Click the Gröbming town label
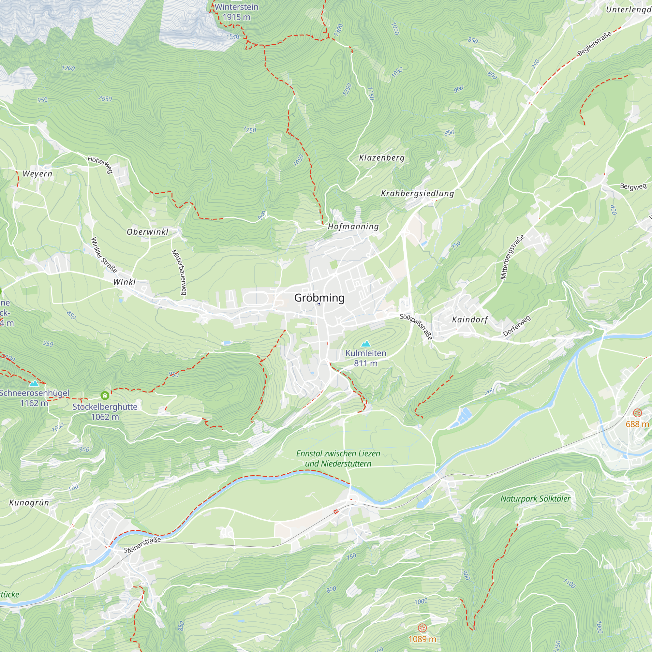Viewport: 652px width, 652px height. (319, 298)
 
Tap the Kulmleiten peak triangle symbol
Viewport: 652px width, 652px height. (366, 344)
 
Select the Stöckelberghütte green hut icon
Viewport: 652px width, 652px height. (105, 395)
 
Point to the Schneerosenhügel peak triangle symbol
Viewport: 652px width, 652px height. (34, 383)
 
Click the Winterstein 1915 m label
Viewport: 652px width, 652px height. (237, 12)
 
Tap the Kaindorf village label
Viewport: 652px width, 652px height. (470, 319)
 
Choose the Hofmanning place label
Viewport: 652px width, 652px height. (353, 227)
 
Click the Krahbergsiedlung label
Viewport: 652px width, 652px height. (418, 193)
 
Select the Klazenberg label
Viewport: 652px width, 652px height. (382, 157)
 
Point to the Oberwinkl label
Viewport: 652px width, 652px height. (147, 232)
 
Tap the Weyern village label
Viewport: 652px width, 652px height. (37, 174)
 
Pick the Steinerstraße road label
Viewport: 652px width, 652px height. (142, 545)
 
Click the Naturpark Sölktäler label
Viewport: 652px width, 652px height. (535, 499)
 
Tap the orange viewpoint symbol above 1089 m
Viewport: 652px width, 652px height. (422, 628)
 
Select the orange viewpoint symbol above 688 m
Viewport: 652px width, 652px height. (637, 413)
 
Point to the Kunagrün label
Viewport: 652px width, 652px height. (29, 503)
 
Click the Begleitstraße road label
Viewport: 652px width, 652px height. (594, 44)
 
